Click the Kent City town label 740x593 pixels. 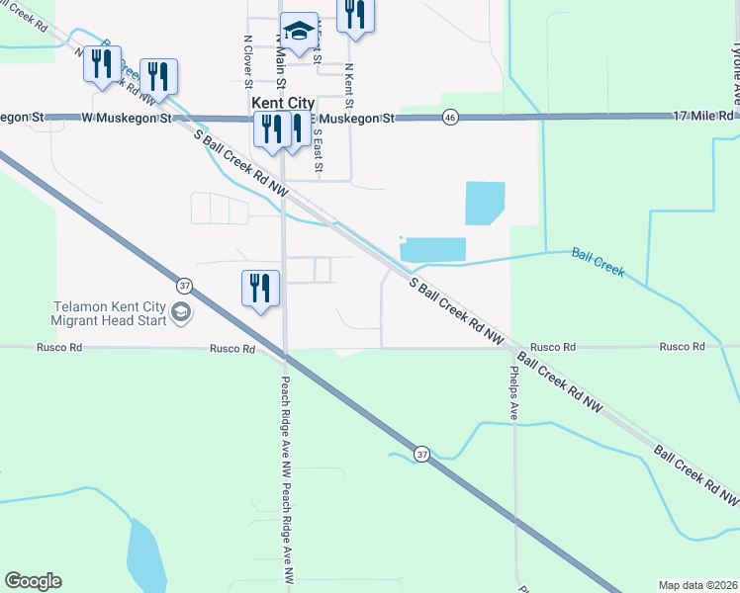[282, 103]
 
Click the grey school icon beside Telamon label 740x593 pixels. [180, 313]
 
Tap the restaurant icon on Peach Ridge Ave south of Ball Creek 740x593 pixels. [259, 289]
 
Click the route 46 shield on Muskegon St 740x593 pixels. [450, 118]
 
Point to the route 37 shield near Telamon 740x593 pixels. [184, 285]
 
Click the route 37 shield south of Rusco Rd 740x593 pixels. [422, 454]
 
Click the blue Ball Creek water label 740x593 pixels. [598, 261]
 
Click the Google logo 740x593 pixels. [33, 581]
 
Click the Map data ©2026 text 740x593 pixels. [696, 585]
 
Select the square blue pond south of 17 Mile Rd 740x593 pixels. [484, 204]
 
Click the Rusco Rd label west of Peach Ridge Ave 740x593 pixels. [231, 349]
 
